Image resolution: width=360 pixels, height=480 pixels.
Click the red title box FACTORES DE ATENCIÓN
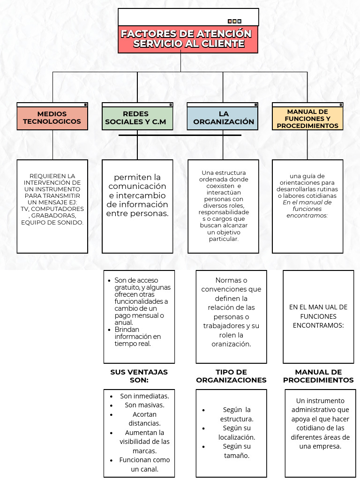[188, 39]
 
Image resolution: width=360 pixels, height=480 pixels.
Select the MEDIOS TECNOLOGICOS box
[52, 118]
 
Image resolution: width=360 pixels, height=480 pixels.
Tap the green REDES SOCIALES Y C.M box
[137, 118]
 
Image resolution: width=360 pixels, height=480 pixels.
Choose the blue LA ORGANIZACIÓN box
[223, 118]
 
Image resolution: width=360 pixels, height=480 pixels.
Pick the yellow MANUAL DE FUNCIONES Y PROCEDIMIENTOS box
[307, 119]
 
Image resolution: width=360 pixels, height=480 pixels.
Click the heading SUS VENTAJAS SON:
[139, 376]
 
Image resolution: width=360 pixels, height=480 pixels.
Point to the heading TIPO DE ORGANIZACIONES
[231, 376]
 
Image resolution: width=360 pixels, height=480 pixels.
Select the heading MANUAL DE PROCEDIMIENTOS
[318, 376]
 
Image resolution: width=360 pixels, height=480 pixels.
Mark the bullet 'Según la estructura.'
[237, 414]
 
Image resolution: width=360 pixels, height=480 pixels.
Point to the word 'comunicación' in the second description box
[137, 186]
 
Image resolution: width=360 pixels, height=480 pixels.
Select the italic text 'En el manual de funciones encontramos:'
[307, 209]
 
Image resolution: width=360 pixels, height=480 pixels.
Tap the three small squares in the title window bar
[234, 21]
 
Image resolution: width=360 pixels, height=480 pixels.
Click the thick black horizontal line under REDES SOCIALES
[180, 135]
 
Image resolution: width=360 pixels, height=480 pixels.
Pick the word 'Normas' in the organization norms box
[231, 280]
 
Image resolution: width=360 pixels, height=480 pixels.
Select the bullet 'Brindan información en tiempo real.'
[137, 337]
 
